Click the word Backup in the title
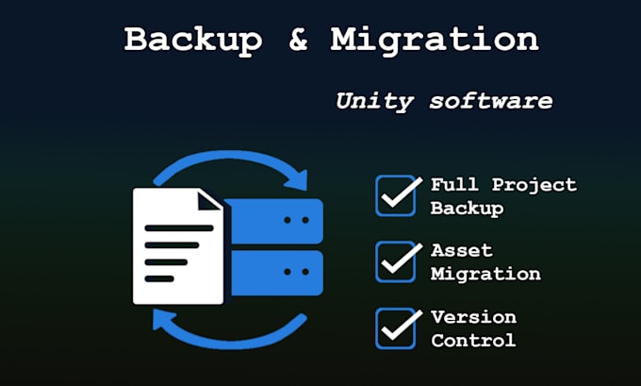[193, 40]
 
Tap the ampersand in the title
[298, 39]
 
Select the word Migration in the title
[435, 41]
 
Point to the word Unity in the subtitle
[374, 101]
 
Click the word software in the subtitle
[491, 101]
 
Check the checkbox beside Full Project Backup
[396, 195]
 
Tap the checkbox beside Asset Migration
[396, 262]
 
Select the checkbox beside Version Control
[396, 328]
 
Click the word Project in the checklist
[534, 185]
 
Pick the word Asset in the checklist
[462, 250]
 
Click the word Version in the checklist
[474, 317]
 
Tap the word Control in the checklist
[473, 341]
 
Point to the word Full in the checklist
[454, 185]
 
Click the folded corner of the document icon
[208, 201]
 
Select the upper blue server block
[274, 221]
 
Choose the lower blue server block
[276, 273]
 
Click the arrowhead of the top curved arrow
[297, 180]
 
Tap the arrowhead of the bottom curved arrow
[162, 319]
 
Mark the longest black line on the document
[179, 228]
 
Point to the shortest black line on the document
[159, 279]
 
